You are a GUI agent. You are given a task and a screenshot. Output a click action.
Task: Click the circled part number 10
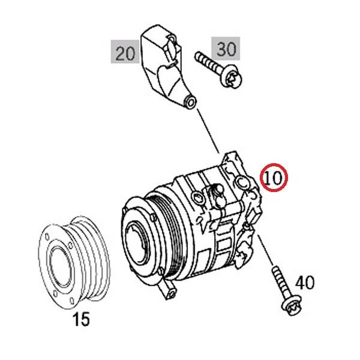point(274,177)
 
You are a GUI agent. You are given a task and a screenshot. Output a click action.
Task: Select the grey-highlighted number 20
point(125,53)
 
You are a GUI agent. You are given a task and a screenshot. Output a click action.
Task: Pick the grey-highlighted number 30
point(225,49)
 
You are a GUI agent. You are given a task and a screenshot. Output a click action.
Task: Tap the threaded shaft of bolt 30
point(208,63)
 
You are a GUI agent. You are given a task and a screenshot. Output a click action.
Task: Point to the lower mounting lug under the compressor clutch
point(169,292)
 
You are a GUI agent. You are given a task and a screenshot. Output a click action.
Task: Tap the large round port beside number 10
point(242,181)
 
